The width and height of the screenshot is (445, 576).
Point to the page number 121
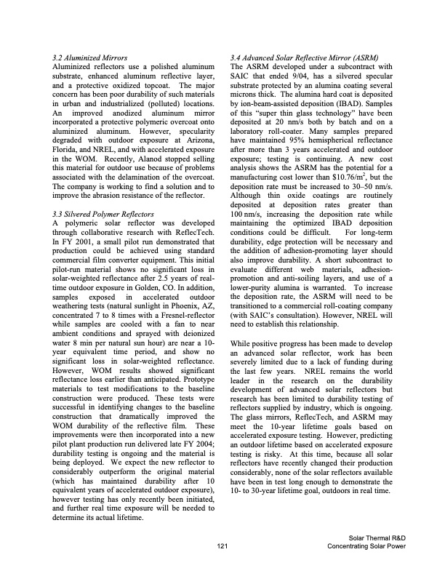pyautogui.click(x=222, y=545)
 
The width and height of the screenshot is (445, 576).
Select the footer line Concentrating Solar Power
pyautogui.click(x=356, y=545)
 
